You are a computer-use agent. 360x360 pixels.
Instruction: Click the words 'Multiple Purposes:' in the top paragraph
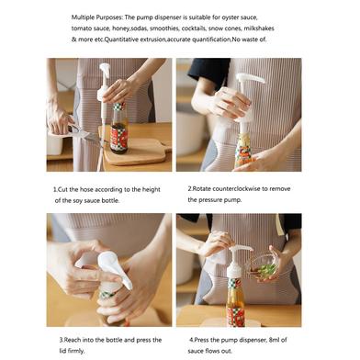pos(97,17)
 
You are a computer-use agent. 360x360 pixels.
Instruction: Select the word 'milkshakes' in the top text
pos(259,28)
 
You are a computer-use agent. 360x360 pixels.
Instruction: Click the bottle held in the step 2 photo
pos(244,150)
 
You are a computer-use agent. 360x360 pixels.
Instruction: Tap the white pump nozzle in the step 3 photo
pos(115,268)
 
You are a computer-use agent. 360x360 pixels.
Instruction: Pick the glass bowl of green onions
pos(264,266)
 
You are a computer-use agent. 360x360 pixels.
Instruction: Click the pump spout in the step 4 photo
pos(241,249)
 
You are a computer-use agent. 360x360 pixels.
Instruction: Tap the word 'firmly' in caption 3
pos(76,351)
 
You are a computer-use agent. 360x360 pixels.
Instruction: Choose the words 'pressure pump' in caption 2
pos(220,200)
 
